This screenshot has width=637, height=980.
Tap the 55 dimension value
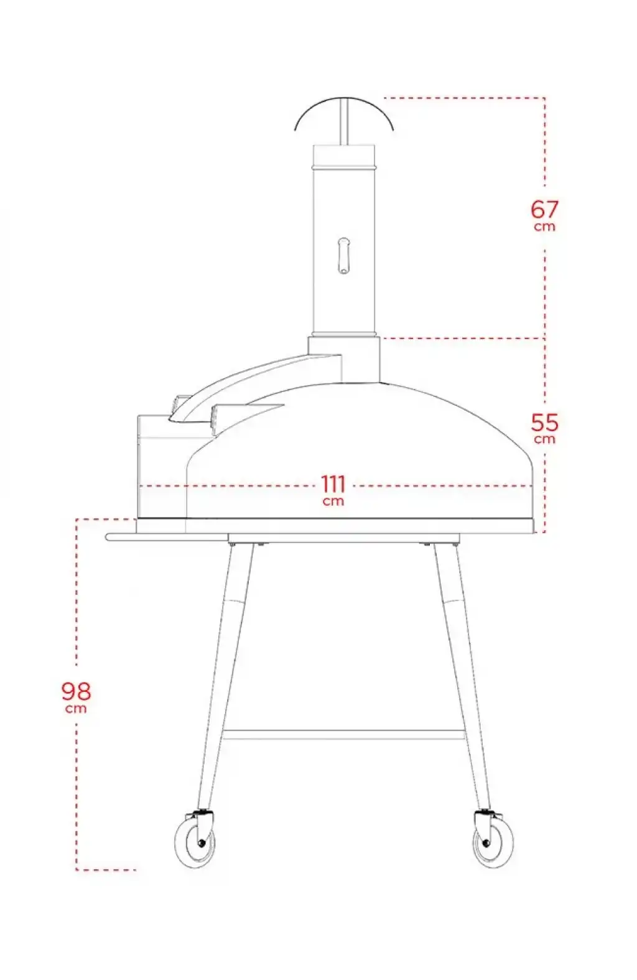[x=545, y=422]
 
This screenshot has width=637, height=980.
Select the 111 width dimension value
[x=333, y=484]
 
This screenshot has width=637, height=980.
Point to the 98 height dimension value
[x=76, y=691]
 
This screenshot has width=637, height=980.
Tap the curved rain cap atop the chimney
[x=344, y=105]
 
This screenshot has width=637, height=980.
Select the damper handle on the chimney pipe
[x=344, y=256]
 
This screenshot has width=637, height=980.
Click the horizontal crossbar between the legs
[x=344, y=735]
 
